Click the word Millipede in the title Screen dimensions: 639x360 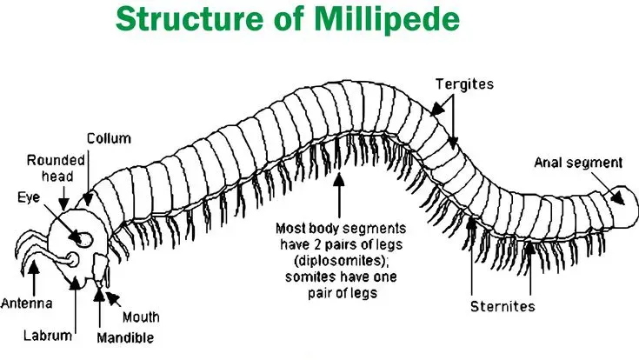point(387,19)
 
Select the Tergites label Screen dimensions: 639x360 point(464,84)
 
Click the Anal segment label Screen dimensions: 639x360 point(578,163)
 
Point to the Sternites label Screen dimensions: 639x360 point(503,306)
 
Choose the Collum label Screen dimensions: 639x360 point(109,138)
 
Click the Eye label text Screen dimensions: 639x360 point(29,197)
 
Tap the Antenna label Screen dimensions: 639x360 point(26,303)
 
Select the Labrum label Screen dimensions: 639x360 point(48,336)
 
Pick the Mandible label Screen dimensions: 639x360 point(125,337)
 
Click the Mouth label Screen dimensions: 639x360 point(141,317)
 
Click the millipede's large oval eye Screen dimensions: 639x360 point(84,239)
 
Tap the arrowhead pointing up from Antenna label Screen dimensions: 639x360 point(34,267)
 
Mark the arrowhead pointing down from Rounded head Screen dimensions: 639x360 point(63,203)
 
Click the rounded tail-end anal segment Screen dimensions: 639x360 point(622,207)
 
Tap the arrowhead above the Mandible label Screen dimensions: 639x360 point(99,295)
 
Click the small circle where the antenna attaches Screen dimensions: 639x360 point(72,259)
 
